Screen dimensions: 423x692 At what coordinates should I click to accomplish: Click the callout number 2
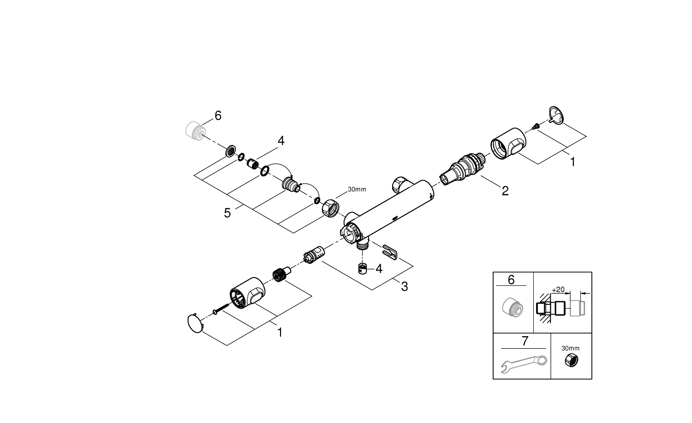505,191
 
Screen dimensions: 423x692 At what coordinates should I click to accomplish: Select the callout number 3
404,286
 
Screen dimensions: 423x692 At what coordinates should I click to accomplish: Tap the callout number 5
227,213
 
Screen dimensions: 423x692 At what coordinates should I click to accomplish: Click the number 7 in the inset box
525,341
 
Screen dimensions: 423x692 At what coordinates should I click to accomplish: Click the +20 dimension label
558,290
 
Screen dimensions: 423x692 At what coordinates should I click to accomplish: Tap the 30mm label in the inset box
571,348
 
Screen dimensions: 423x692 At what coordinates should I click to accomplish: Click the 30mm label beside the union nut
357,189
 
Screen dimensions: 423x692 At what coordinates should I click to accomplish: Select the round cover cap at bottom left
195,323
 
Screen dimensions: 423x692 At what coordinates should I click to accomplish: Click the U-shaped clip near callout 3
390,252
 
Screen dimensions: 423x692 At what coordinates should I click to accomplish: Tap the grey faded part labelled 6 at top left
195,129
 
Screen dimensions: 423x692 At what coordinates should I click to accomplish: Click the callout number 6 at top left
218,115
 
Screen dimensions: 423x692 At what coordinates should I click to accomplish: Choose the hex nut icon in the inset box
571,361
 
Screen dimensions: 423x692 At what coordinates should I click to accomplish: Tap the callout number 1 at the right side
573,162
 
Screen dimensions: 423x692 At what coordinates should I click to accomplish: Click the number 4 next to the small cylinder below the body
379,268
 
